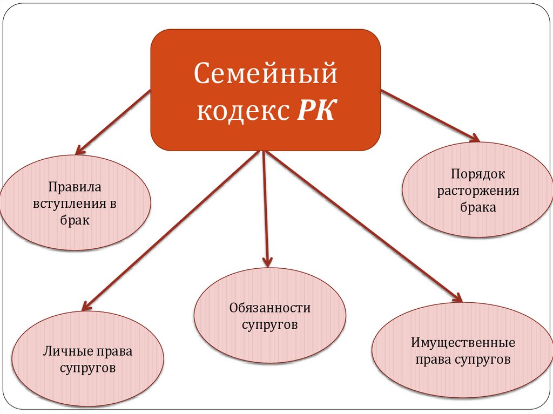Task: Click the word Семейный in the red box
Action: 265,74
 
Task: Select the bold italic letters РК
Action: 315,111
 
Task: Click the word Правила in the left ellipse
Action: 75,188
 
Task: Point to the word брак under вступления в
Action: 75,221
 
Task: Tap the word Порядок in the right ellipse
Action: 478,174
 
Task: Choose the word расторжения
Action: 478,191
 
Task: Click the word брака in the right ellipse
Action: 478,207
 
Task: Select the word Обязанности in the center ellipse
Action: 269,308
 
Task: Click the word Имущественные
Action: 463,343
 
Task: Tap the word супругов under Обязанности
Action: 269,325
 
